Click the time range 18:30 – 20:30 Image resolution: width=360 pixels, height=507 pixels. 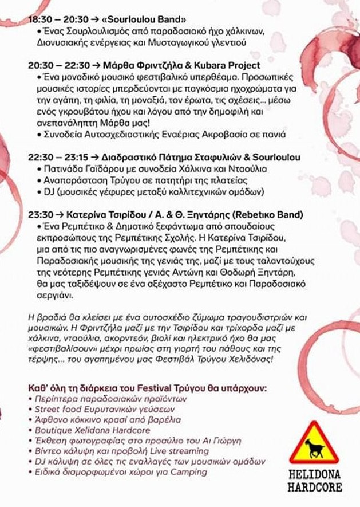tap(56, 19)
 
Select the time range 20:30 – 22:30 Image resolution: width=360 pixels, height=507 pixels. tap(56, 66)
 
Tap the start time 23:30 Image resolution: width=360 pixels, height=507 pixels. tap(40, 215)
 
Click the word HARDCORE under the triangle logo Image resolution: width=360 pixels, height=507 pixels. tap(315, 488)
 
